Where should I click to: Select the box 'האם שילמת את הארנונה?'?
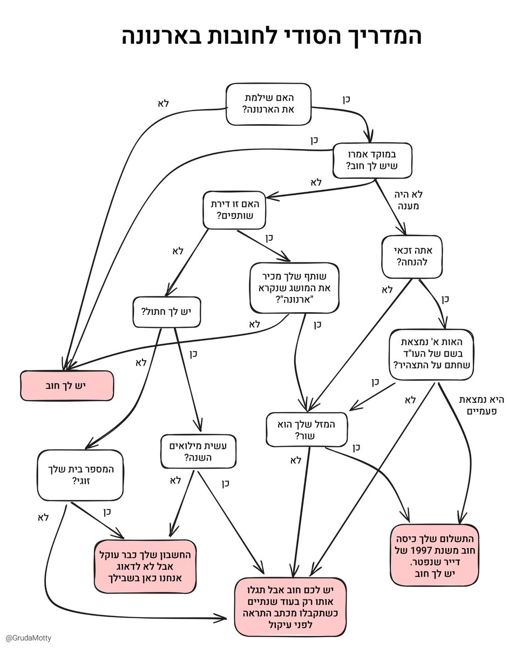pyautogui.click(x=268, y=104)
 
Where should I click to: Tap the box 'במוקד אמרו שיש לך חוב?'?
pyautogui.click(x=372, y=160)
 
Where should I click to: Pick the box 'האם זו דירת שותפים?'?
pyautogui.click(x=234, y=210)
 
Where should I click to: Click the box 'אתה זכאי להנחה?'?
pyautogui.click(x=412, y=256)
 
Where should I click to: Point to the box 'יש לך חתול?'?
pyautogui.click(x=166, y=312)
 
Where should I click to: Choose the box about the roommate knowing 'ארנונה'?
pyautogui.click(x=294, y=288)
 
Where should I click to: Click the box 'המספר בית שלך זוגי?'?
pyautogui.click(x=80, y=475)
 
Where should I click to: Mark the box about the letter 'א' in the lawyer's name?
pyautogui.click(x=431, y=354)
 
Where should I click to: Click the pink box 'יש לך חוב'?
pyautogui.click(x=67, y=386)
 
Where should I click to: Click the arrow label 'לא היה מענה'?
pyautogui.click(x=408, y=200)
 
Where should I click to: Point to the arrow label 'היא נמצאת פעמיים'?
pyautogui.click(x=482, y=406)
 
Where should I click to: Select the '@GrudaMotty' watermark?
pyautogui.click(x=29, y=638)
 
